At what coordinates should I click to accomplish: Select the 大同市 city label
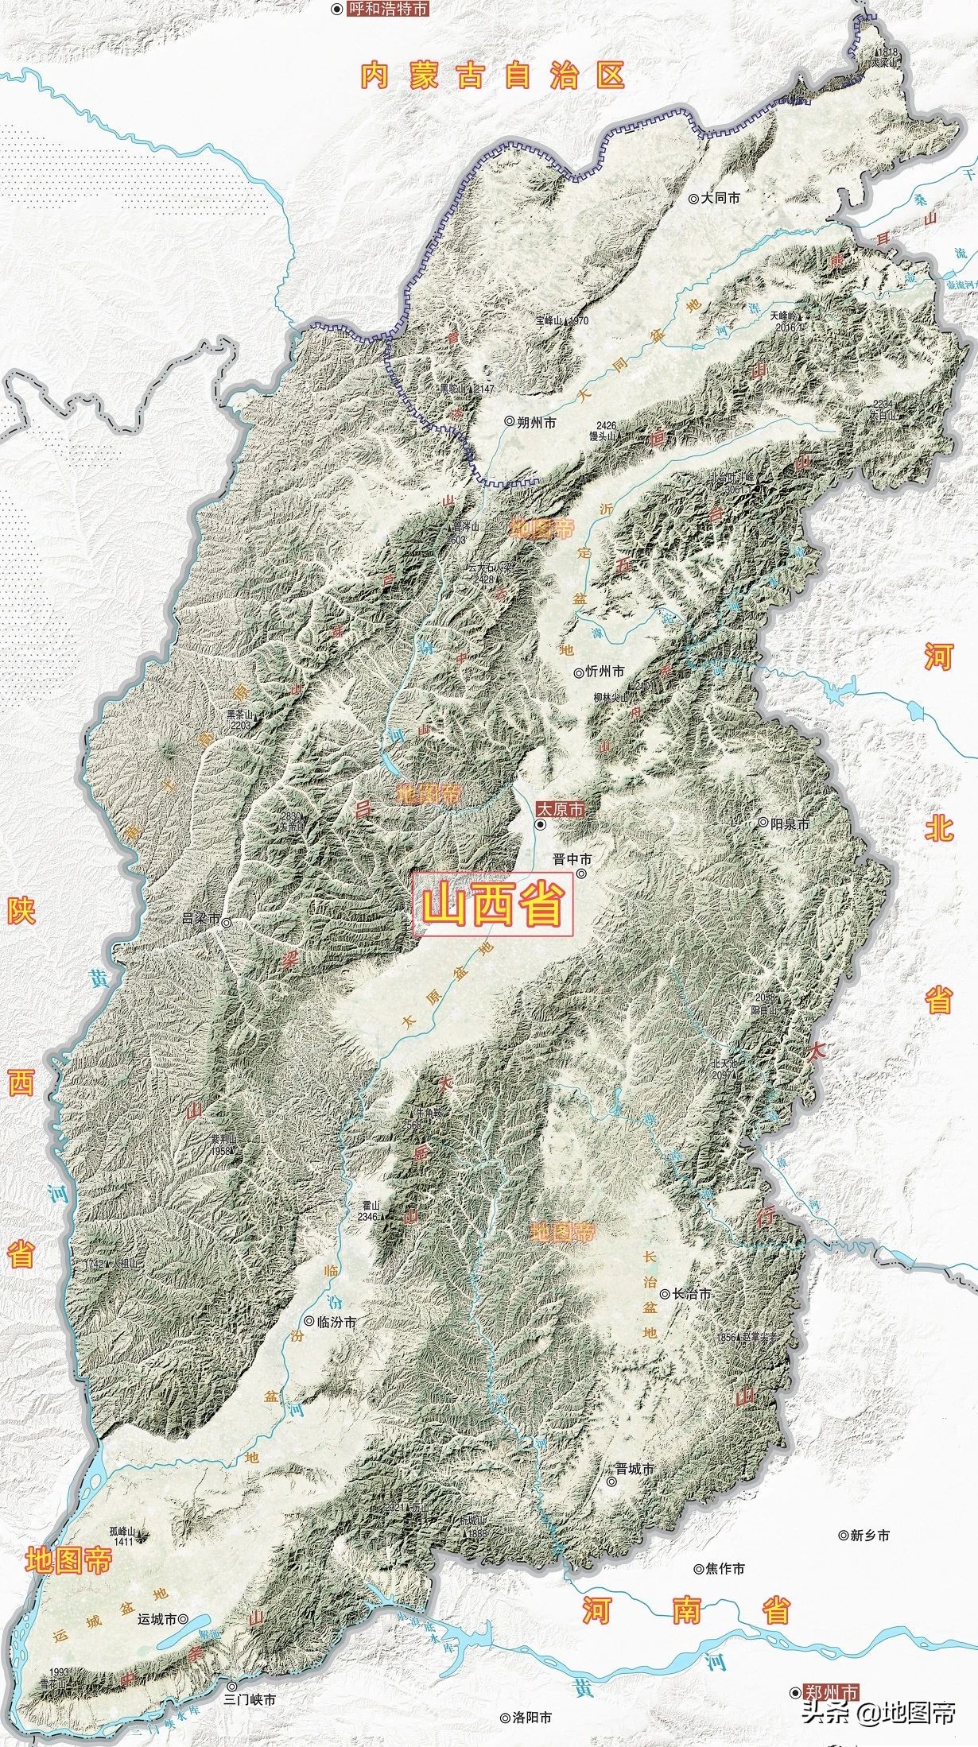720,198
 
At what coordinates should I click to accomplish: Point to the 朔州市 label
535,423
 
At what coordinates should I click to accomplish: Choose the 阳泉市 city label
789,824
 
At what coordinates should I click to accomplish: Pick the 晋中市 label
573,858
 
